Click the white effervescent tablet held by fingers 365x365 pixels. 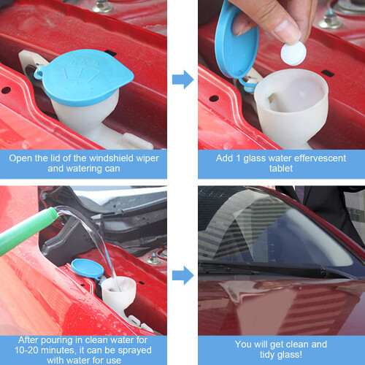click(293, 53)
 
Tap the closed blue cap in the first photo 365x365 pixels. click(86, 77)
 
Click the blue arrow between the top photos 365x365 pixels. click(182, 80)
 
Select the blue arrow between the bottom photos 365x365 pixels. click(182, 275)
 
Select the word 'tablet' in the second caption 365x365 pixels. click(281, 169)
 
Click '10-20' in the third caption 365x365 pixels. click(26, 350)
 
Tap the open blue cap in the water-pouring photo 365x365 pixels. click(88, 269)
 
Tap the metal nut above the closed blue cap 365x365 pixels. click(103, 7)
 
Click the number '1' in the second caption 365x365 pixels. click(238, 158)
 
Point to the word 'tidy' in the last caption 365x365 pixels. click(268, 355)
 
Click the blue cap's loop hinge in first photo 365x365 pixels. click(39, 72)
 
